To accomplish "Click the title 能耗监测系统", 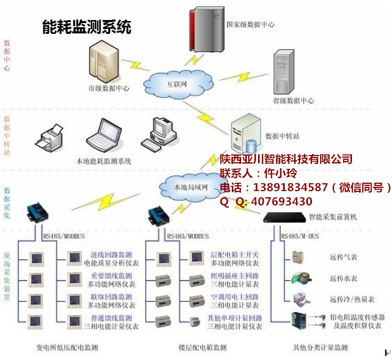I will pos(86,27).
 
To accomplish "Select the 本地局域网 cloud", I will pos(190,187).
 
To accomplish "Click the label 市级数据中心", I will pos(109,88).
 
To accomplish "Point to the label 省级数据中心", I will pos(293,101).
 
